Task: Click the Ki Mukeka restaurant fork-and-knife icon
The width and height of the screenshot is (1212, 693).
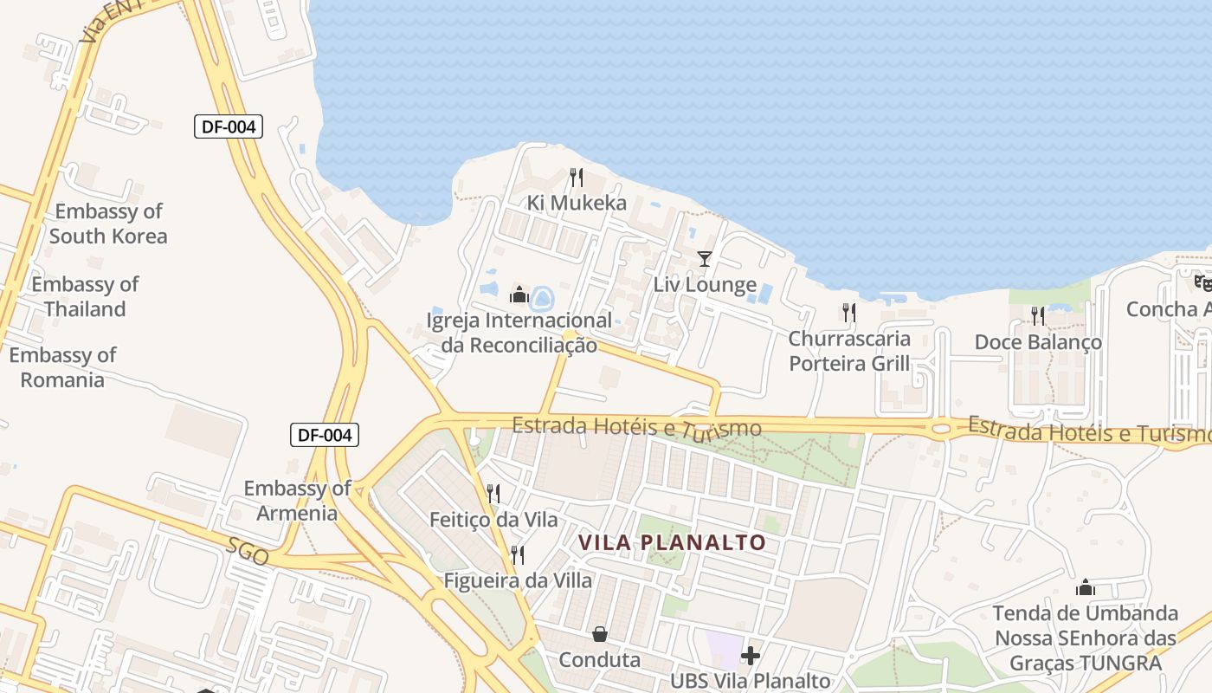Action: [577, 178]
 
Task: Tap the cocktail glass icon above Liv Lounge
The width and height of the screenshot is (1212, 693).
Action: [705, 259]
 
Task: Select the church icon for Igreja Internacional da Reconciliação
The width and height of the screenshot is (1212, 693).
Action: [519, 295]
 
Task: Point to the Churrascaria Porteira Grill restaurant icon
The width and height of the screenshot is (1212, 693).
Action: [849, 313]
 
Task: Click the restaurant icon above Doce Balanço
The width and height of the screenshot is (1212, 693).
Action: [1038, 316]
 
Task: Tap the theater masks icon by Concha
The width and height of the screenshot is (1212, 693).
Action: [1202, 282]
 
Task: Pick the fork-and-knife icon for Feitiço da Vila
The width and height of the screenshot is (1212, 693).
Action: [493, 494]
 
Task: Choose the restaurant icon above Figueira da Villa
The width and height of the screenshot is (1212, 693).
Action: [518, 554]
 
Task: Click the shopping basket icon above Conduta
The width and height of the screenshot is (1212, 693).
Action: [600, 634]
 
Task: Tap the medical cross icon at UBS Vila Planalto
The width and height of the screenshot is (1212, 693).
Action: [751, 655]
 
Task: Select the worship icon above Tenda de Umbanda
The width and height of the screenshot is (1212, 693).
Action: [1085, 588]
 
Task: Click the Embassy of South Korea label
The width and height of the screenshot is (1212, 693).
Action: [108, 223]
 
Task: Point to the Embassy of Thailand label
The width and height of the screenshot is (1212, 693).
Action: [85, 296]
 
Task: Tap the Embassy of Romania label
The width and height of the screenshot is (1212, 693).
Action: [62, 367]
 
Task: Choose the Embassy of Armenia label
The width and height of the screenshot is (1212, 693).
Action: [297, 500]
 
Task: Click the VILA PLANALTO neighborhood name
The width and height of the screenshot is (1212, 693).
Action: [672, 543]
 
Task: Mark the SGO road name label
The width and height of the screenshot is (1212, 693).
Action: [249, 552]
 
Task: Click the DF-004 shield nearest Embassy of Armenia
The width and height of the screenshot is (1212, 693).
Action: [324, 435]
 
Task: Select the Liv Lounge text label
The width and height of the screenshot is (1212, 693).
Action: [705, 285]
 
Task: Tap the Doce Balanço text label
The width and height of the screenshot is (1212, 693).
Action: [1038, 342]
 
